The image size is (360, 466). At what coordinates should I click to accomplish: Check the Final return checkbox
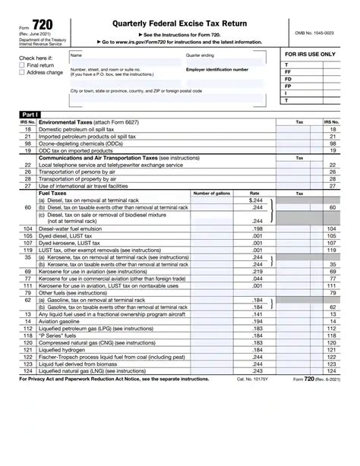click(21, 65)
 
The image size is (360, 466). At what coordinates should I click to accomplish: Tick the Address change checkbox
click(21, 72)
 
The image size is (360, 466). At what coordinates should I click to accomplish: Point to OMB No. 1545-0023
click(317, 34)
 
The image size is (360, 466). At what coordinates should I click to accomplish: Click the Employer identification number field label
click(216, 69)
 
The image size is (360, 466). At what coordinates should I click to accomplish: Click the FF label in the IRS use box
click(287, 72)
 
